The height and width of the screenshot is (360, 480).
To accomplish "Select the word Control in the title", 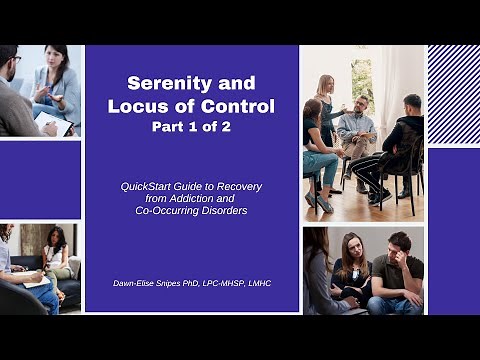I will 235,106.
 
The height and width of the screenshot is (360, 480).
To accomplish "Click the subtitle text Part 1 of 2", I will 192,128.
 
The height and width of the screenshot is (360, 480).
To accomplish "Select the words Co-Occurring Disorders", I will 192,212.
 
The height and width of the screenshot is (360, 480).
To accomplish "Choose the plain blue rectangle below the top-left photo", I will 40,180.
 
